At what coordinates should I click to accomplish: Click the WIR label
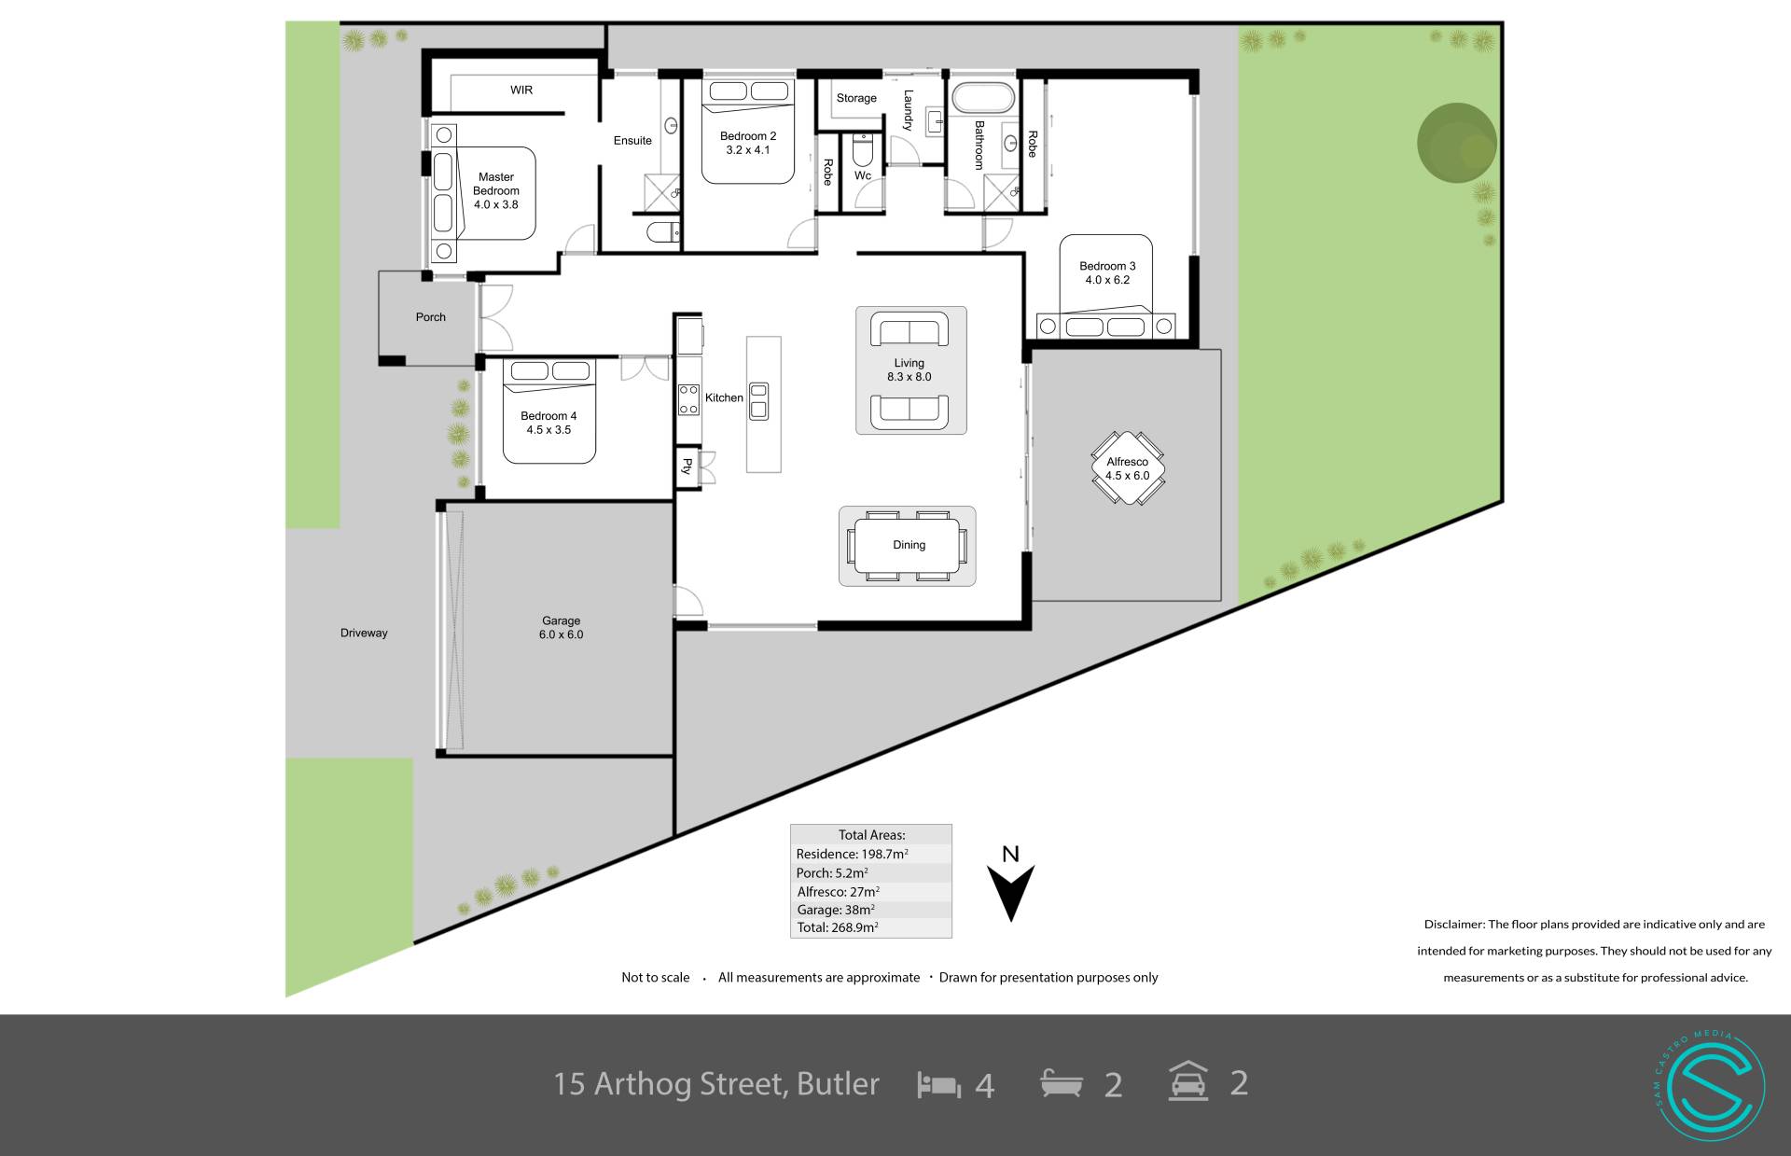click(x=521, y=90)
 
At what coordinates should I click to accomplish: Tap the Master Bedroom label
click(x=496, y=184)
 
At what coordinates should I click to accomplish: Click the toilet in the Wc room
click(x=863, y=149)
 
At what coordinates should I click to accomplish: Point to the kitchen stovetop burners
click(x=688, y=399)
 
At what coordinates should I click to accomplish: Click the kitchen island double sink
click(x=758, y=400)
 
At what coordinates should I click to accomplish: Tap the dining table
click(x=908, y=546)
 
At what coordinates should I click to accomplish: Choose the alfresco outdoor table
click(x=1128, y=468)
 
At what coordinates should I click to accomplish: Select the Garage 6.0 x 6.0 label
click(x=562, y=628)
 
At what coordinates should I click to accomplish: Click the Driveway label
click(x=364, y=633)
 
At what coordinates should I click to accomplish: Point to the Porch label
click(x=431, y=317)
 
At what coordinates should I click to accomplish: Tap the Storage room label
click(x=856, y=98)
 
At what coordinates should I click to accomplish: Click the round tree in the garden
click(x=1457, y=143)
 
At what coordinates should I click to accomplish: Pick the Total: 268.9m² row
click(x=838, y=927)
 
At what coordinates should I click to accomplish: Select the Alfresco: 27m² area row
click(x=839, y=891)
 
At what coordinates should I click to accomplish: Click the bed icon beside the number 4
click(x=939, y=1085)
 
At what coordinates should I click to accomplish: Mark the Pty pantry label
click(x=687, y=466)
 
